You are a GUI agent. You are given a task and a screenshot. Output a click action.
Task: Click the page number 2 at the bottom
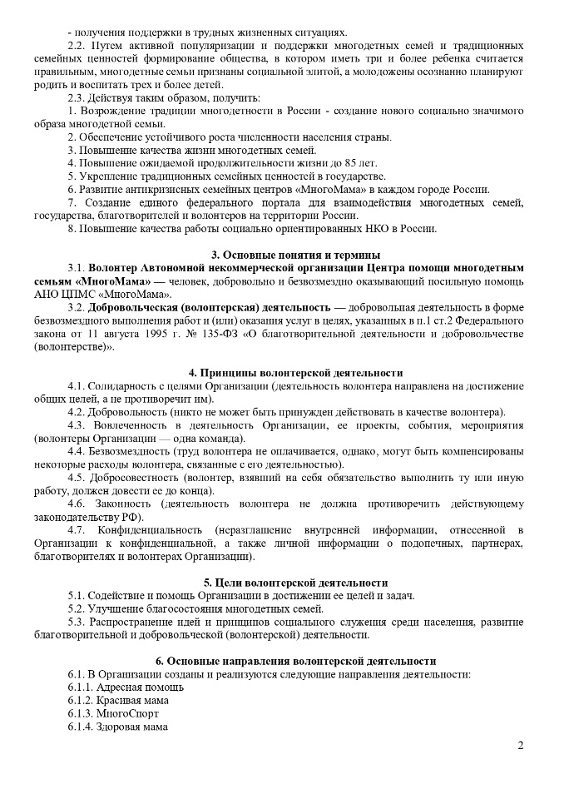(521, 744)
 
